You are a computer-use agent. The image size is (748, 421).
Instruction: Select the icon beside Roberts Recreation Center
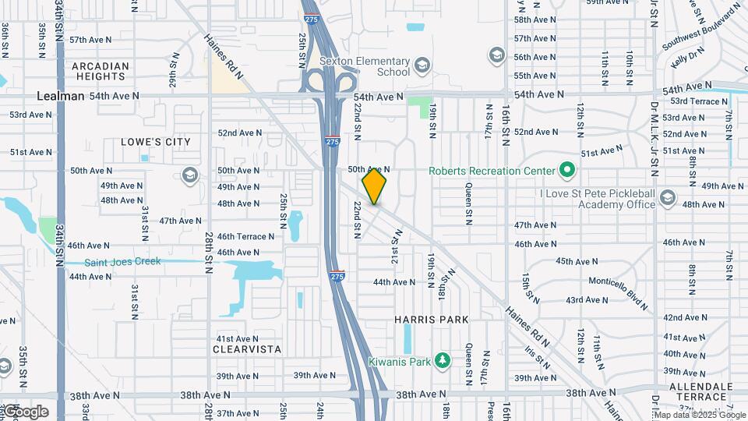(567, 170)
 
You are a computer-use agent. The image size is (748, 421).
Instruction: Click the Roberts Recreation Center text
(492, 171)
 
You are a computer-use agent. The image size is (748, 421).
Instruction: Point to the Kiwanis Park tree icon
(443, 361)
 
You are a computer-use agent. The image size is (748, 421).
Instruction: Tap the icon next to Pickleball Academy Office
(667, 198)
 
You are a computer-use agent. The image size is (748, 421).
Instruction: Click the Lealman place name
(60, 96)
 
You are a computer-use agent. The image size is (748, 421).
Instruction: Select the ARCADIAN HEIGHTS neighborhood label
(100, 71)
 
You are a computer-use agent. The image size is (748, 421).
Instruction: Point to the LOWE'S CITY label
(156, 142)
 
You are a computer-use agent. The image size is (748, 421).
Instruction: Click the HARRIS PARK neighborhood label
(431, 320)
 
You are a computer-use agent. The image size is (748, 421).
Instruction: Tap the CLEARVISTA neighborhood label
(247, 349)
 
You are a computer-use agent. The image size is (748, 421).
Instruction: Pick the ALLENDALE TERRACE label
(700, 391)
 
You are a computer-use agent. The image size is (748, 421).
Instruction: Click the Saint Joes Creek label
(122, 262)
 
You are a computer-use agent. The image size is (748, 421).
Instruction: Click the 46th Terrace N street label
(245, 236)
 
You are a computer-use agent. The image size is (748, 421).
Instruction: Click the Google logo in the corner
(26, 412)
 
